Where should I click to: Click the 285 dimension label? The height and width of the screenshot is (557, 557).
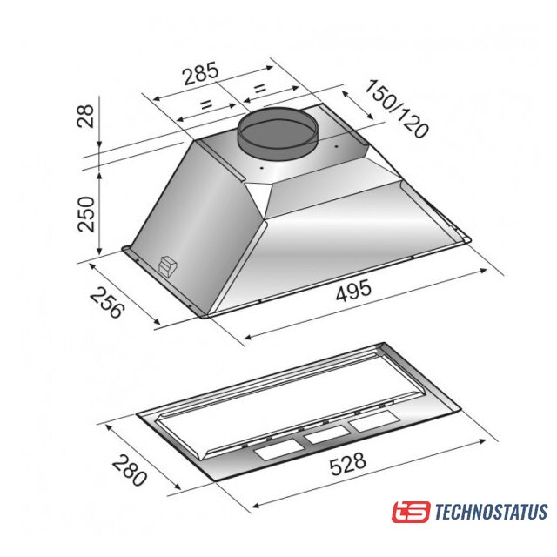(200, 73)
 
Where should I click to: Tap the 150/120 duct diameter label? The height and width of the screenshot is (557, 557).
(397, 109)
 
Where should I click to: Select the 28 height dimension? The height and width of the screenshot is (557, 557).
(86, 116)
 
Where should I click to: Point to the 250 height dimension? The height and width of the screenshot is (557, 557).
(86, 214)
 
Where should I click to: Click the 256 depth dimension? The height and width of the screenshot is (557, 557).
(107, 303)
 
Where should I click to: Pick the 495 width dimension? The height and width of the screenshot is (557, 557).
(353, 291)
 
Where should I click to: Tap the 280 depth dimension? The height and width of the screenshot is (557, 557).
(130, 470)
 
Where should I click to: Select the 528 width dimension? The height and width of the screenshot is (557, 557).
(347, 464)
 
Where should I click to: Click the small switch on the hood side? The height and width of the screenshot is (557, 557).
(166, 265)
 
